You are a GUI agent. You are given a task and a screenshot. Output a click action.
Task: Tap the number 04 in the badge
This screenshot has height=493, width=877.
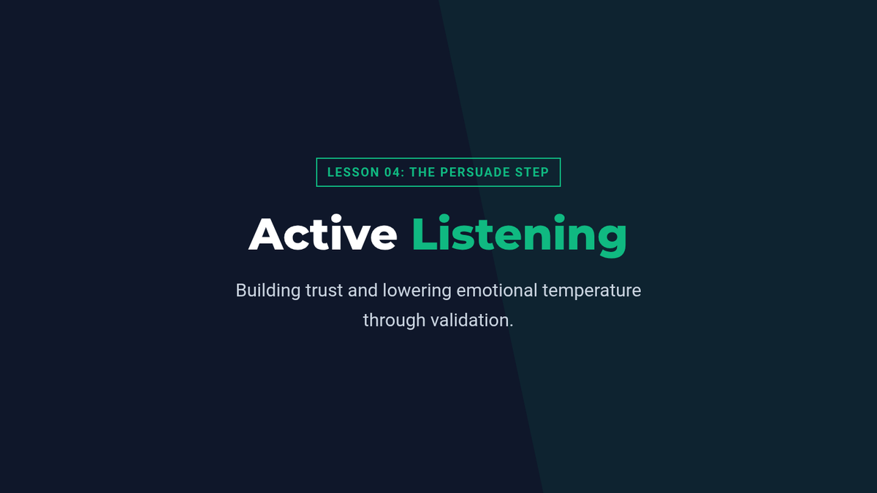[392, 172]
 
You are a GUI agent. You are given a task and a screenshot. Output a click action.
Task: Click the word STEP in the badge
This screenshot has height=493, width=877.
[532, 172]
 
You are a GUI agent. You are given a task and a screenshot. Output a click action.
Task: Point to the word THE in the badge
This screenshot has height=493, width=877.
[422, 172]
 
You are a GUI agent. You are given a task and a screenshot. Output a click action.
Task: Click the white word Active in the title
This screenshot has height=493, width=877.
[323, 233]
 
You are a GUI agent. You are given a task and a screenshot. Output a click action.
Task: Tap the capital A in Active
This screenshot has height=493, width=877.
[266, 234]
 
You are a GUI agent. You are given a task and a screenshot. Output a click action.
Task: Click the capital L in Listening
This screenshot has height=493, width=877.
[425, 234]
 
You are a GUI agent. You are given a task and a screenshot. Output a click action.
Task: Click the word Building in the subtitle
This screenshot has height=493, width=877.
[268, 291]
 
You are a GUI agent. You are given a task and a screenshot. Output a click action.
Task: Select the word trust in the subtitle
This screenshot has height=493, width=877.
[324, 291]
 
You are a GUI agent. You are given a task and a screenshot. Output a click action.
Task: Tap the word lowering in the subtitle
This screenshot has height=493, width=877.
[417, 291]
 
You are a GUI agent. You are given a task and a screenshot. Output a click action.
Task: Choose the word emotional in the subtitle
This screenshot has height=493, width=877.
[497, 291]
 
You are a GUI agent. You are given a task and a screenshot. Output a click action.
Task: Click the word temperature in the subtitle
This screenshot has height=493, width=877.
[591, 291]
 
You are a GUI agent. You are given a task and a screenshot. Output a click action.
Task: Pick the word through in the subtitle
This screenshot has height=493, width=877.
[394, 321]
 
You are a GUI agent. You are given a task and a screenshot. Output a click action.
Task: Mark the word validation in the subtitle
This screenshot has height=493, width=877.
[472, 320]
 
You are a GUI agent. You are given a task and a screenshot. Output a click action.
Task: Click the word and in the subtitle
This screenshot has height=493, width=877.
[363, 291]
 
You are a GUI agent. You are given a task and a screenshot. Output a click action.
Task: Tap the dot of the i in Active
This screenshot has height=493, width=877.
[336, 218]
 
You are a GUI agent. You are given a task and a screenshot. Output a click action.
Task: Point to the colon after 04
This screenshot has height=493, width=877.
[403, 173]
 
